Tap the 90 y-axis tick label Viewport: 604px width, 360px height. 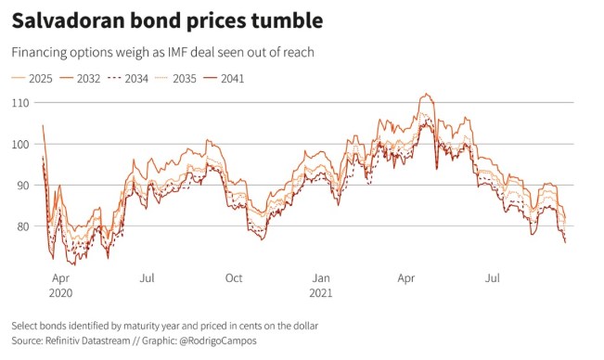18,185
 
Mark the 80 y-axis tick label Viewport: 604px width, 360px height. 18,225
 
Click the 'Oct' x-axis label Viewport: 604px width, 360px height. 234,277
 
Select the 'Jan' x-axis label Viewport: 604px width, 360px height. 321,277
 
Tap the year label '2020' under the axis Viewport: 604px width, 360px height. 60,291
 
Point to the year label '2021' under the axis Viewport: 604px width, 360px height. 321,291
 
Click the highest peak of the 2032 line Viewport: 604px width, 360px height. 426,94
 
